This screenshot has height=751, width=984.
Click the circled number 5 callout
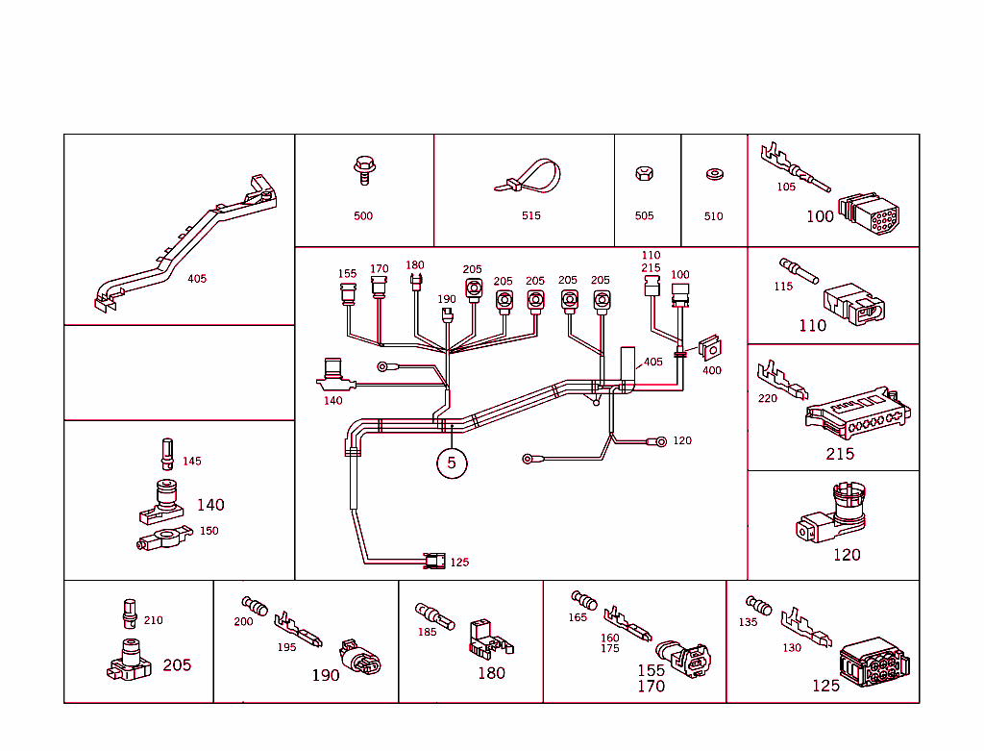(x=452, y=463)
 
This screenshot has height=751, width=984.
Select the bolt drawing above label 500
(x=363, y=171)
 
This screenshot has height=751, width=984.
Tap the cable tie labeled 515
(x=531, y=179)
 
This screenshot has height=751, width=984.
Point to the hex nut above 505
(x=644, y=175)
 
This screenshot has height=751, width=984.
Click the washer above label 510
(x=713, y=175)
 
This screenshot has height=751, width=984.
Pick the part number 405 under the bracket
(x=197, y=279)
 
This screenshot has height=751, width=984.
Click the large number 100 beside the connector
(x=820, y=217)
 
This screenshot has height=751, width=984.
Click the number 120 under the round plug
(x=847, y=555)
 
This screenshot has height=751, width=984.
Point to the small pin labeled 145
(x=167, y=454)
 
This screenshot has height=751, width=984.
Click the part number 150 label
(x=209, y=531)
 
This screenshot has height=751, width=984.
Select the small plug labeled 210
(x=130, y=611)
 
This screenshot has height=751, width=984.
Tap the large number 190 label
(x=326, y=675)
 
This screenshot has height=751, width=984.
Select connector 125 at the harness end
(x=435, y=561)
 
